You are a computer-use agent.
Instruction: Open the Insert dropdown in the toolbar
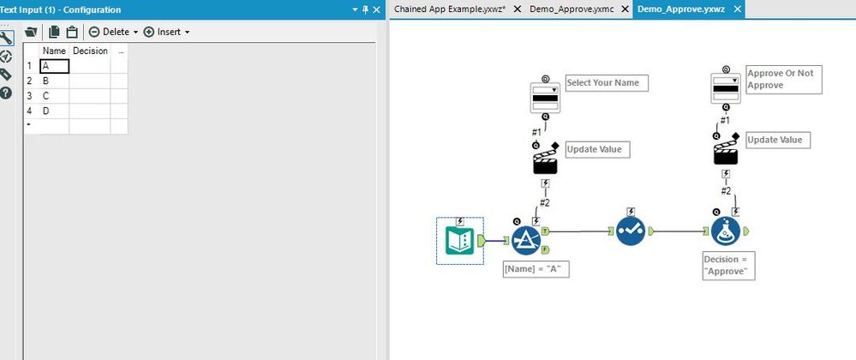point(166,32)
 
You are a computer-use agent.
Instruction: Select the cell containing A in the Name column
point(54,66)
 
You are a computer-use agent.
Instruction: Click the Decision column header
point(90,51)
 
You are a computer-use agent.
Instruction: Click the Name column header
point(54,51)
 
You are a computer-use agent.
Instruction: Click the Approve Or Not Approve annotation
point(783,80)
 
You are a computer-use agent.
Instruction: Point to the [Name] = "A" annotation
point(537,269)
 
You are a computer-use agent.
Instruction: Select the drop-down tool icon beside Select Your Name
point(545,92)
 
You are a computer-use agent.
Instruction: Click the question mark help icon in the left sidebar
point(7,93)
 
